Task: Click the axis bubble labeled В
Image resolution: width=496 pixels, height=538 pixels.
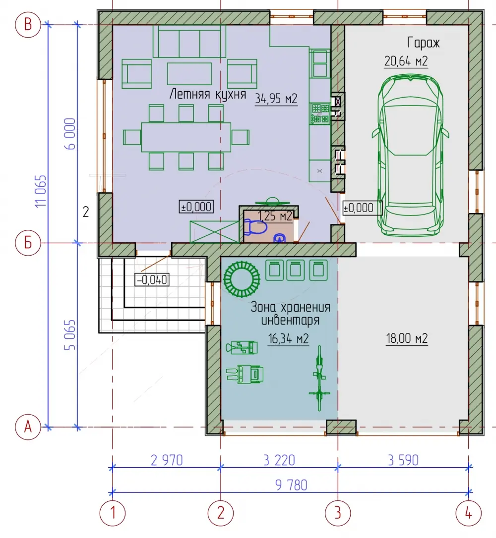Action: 28,25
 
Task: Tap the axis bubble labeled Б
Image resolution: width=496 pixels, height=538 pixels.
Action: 28,243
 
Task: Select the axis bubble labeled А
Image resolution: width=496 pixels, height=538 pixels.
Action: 28,427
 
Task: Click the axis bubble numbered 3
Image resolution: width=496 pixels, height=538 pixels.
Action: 338,513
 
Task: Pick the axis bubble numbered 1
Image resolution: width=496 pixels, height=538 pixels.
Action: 112,513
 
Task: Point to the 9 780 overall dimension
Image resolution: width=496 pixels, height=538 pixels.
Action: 291,485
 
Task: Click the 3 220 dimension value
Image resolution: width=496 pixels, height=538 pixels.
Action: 279,460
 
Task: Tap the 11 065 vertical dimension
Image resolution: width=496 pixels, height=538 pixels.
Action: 41,191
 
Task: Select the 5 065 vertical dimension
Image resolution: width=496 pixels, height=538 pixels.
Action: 70,335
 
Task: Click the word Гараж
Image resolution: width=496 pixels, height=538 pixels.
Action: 423,43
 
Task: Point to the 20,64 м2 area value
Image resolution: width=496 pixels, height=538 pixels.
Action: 406,61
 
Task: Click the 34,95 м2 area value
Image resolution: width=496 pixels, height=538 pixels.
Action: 276,99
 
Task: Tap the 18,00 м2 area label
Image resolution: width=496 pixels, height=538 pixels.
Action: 407,339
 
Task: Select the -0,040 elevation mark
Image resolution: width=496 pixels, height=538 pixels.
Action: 152,279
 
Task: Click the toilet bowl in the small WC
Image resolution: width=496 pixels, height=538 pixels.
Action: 255,227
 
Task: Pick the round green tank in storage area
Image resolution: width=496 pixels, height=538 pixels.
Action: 242,279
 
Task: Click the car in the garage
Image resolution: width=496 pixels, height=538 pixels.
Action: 410,155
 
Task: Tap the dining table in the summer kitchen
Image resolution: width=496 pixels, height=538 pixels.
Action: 186,137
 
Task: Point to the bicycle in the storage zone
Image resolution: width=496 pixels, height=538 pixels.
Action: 319,378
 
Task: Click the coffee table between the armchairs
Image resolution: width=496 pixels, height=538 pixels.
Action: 189,73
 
